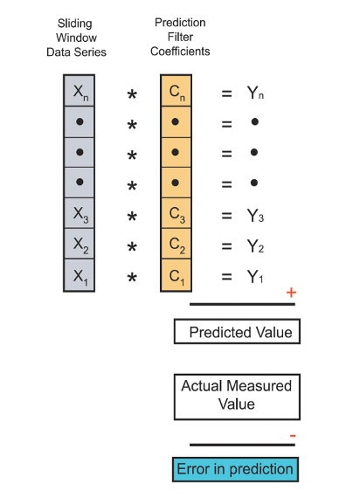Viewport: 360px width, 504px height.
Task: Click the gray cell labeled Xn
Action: [x=79, y=91]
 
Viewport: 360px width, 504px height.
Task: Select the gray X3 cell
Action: [x=79, y=213]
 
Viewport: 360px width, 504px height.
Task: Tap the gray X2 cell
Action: [x=79, y=244]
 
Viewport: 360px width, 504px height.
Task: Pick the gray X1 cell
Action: [x=79, y=275]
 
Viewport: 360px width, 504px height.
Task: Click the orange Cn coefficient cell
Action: [x=177, y=91]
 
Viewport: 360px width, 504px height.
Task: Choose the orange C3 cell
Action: [x=177, y=213]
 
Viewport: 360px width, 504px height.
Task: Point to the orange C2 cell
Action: [x=177, y=244]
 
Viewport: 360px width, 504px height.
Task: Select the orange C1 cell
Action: [x=177, y=275]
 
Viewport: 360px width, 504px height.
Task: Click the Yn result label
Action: [x=255, y=93]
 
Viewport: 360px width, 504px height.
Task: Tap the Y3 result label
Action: [x=255, y=216]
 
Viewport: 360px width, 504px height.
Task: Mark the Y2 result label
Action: [x=255, y=246]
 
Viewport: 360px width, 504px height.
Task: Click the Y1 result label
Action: [x=255, y=276]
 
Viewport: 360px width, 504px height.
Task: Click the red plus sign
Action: [x=291, y=293]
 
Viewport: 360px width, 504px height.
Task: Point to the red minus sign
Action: [x=293, y=436]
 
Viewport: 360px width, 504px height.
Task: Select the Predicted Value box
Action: [x=237, y=331]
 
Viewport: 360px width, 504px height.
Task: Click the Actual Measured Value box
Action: [x=237, y=397]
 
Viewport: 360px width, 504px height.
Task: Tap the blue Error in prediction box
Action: [x=235, y=469]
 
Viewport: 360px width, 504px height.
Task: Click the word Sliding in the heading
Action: [x=75, y=24]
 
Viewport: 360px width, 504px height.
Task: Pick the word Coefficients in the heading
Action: [x=180, y=52]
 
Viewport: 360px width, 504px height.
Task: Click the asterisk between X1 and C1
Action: [x=132, y=277]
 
